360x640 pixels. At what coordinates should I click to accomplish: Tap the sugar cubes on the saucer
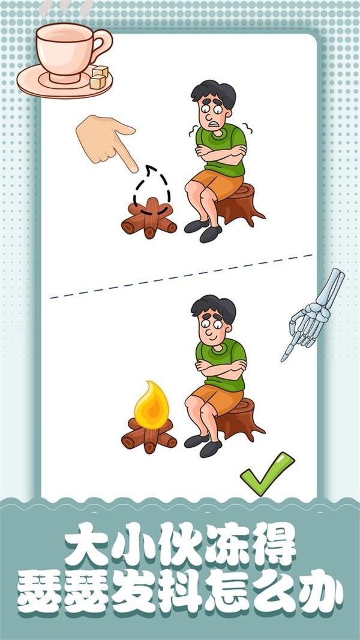(x=99, y=77)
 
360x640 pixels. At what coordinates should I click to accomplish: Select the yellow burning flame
(x=151, y=405)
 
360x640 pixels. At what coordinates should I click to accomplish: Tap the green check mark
(x=267, y=474)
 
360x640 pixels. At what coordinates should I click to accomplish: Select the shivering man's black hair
(x=214, y=93)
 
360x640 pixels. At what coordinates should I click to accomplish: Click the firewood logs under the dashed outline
(x=149, y=219)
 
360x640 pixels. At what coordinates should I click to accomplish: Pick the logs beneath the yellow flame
(x=149, y=435)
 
